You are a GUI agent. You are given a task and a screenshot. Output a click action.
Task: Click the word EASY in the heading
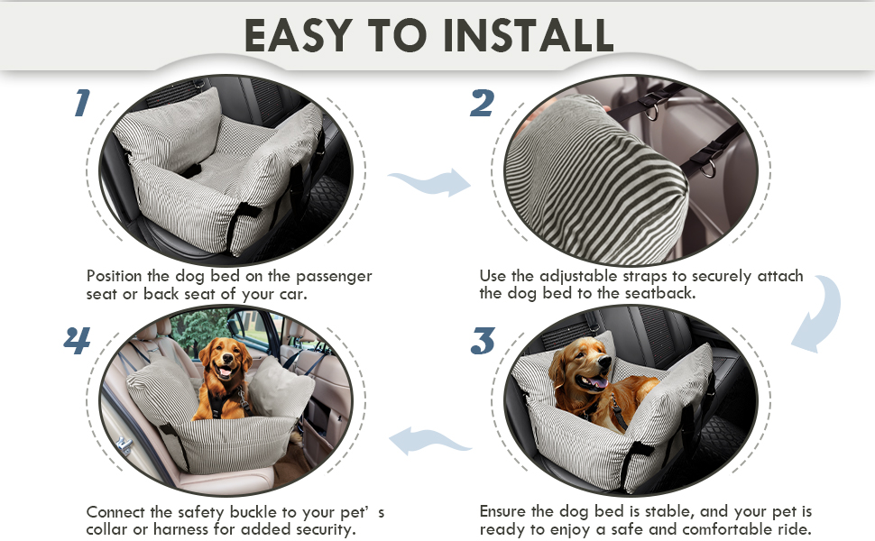[x=299, y=35]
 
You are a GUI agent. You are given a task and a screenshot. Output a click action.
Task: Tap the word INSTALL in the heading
[x=529, y=35]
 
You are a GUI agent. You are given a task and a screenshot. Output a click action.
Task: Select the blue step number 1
[x=82, y=103]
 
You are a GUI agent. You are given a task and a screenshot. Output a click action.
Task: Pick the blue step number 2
[x=482, y=103]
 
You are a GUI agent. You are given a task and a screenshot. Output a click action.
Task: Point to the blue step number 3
[x=483, y=341]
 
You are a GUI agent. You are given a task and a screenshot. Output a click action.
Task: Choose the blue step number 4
[x=77, y=340]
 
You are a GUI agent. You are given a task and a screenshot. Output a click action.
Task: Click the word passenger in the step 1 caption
[x=334, y=277]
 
